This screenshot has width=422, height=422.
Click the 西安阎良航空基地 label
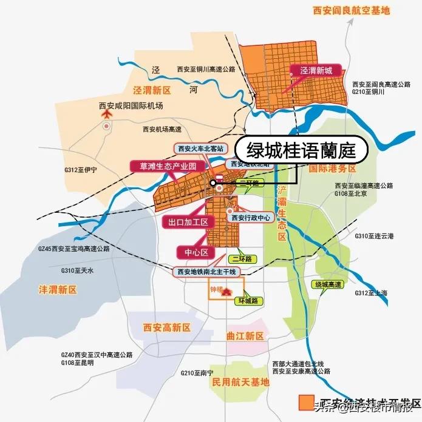point(351,10)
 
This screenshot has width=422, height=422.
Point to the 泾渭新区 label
point(153,90)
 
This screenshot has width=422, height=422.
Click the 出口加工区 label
point(188,223)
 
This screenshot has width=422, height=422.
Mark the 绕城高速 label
point(328,284)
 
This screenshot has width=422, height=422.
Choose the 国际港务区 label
point(332,168)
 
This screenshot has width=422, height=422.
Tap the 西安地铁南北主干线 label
point(205,271)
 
